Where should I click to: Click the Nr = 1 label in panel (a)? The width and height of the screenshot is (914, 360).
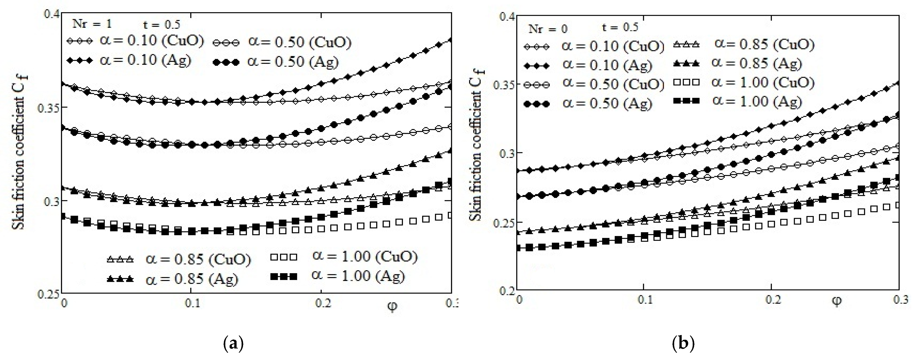pyautogui.click(x=92, y=24)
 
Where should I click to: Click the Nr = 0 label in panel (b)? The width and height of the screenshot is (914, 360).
pyautogui.click(x=548, y=28)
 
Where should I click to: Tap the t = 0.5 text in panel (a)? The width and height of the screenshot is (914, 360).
pyautogui.click(x=162, y=24)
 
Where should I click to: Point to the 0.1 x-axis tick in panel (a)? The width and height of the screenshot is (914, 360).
pyautogui.click(x=192, y=303)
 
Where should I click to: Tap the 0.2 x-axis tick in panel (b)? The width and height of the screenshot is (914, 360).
pyautogui.click(x=773, y=300)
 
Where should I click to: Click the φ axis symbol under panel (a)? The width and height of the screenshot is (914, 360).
pyautogui.click(x=392, y=306)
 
